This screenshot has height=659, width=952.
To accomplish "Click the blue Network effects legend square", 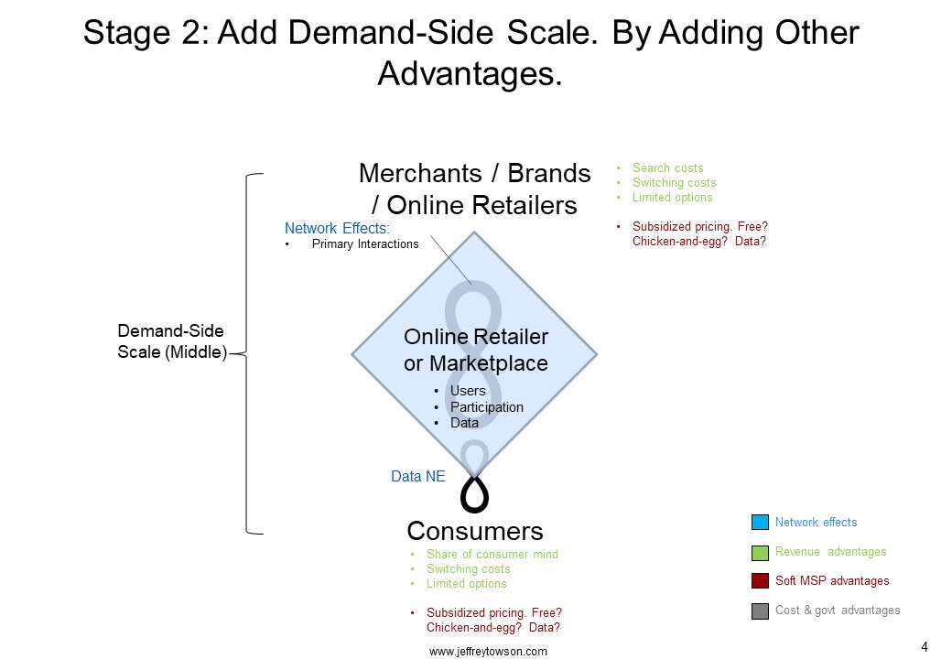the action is (760, 522).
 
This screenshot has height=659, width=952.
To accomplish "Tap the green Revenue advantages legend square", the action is (760, 552).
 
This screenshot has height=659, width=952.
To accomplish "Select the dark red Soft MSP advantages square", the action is (760, 580).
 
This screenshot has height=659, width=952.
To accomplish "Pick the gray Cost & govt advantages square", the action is (760, 610).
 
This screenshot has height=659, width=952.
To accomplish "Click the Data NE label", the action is (417, 476).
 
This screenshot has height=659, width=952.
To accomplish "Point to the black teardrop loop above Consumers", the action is (474, 493).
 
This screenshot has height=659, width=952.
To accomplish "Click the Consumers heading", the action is (475, 531).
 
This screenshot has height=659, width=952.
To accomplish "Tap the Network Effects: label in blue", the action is (337, 228).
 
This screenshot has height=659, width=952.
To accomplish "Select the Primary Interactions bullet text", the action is (365, 244).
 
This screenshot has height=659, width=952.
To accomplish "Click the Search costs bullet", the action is (668, 168).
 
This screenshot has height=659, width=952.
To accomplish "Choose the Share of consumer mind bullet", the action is (492, 554).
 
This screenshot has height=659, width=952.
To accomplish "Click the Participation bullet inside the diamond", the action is (486, 407).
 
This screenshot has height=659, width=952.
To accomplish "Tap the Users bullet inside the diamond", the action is (468, 391).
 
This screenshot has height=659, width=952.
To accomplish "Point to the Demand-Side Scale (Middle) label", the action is (172, 341).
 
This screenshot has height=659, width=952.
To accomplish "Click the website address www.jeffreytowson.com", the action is (488, 651).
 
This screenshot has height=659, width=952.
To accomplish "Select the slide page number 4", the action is (925, 647).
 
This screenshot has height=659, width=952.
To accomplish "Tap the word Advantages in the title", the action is (470, 74).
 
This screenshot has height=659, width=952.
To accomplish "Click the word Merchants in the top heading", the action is (420, 174).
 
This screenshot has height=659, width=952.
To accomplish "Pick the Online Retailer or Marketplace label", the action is (476, 350).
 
